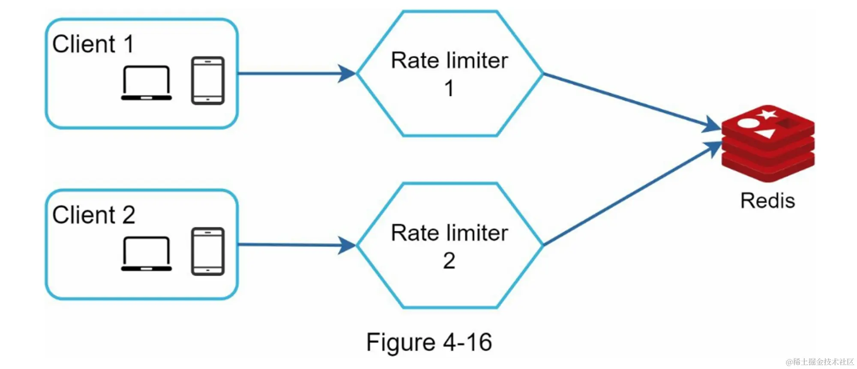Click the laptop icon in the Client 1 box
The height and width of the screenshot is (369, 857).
(146, 83)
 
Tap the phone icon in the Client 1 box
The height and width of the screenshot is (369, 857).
(208, 81)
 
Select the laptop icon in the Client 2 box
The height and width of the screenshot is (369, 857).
(146, 254)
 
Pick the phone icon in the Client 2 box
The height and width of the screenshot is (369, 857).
(208, 252)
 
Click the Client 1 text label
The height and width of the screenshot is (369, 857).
(93, 44)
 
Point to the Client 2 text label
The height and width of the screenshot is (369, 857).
(93, 215)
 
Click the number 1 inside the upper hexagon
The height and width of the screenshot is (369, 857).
(449, 89)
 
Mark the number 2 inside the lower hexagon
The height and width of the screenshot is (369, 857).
(449, 261)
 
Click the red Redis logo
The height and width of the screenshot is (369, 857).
(768, 144)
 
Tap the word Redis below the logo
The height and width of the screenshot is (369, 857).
(767, 201)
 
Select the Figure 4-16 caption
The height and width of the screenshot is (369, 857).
(429, 342)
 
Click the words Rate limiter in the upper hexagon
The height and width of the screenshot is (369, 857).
(449, 60)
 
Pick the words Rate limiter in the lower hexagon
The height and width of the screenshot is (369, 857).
(449, 233)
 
